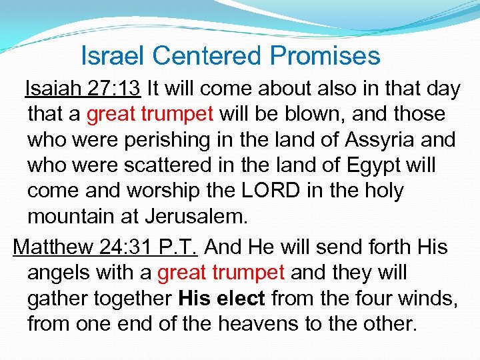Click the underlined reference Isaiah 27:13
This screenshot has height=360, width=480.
83,88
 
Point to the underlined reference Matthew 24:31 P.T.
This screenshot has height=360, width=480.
105,247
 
